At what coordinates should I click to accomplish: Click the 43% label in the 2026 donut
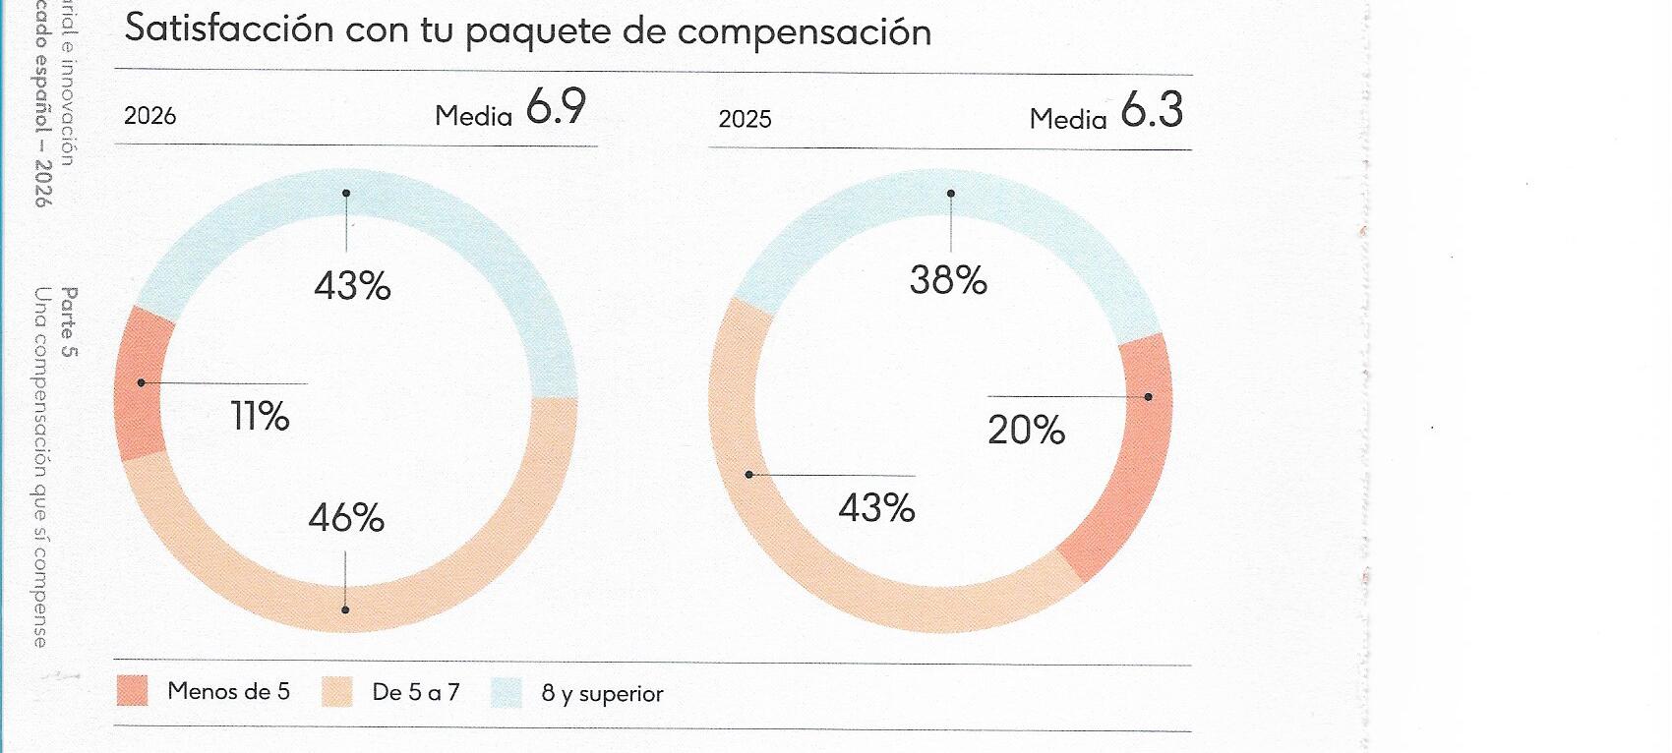(x=352, y=286)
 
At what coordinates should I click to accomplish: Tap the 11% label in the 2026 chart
(x=260, y=417)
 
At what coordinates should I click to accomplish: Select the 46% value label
(x=346, y=518)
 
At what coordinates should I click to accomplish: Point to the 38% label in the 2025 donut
(x=948, y=281)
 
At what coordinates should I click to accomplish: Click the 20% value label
(x=1026, y=431)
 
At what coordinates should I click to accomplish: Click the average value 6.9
(x=556, y=107)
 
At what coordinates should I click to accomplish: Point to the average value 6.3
(x=1152, y=110)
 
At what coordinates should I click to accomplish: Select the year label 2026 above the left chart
(x=149, y=116)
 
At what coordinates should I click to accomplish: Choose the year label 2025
(x=745, y=120)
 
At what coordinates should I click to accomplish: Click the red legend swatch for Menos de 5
(x=132, y=691)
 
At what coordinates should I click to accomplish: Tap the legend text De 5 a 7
(x=415, y=692)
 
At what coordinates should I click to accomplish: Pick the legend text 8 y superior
(x=602, y=694)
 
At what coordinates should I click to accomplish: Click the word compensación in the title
(x=804, y=32)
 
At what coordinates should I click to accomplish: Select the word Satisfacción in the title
(x=229, y=29)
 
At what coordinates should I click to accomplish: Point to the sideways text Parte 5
(x=68, y=321)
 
